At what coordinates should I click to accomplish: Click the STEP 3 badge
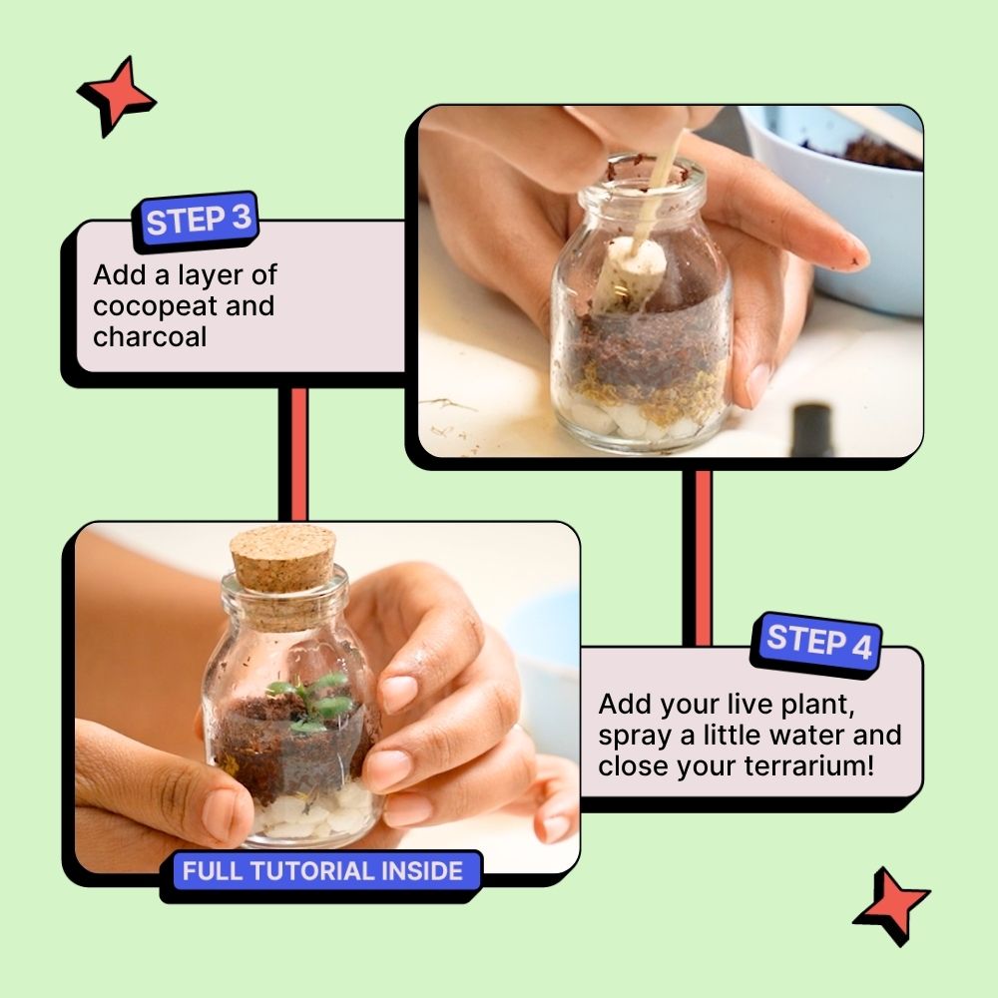click(x=197, y=221)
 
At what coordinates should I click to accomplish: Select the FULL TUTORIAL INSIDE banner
click(x=322, y=871)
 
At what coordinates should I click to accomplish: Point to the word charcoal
click(x=150, y=336)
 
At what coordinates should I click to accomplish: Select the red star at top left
click(x=116, y=95)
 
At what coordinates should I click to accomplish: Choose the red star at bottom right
click(x=890, y=905)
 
